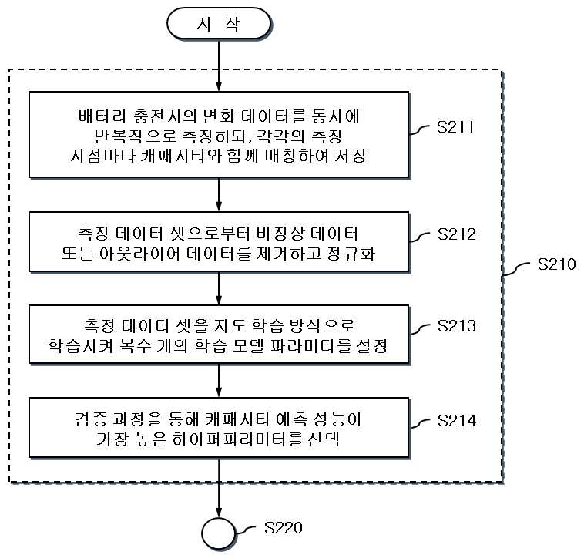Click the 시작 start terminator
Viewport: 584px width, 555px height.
point(219,23)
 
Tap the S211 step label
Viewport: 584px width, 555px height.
point(455,127)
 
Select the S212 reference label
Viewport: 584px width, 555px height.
point(457,234)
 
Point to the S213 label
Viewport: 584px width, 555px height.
point(457,326)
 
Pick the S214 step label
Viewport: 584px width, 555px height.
point(457,420)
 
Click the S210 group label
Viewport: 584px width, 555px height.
point(556,264)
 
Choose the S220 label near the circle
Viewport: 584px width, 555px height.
point(283,527)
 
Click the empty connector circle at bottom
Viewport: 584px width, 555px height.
point(219,533)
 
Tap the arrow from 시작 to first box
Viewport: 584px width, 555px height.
point(219,66)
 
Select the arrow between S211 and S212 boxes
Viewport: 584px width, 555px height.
point(219,194)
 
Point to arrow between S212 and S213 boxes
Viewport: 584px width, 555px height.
point(219,288)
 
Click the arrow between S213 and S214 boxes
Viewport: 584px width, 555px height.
point(219,380)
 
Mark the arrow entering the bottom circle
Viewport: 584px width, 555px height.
point(219,487)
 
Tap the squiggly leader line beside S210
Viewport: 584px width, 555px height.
point(517,268)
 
